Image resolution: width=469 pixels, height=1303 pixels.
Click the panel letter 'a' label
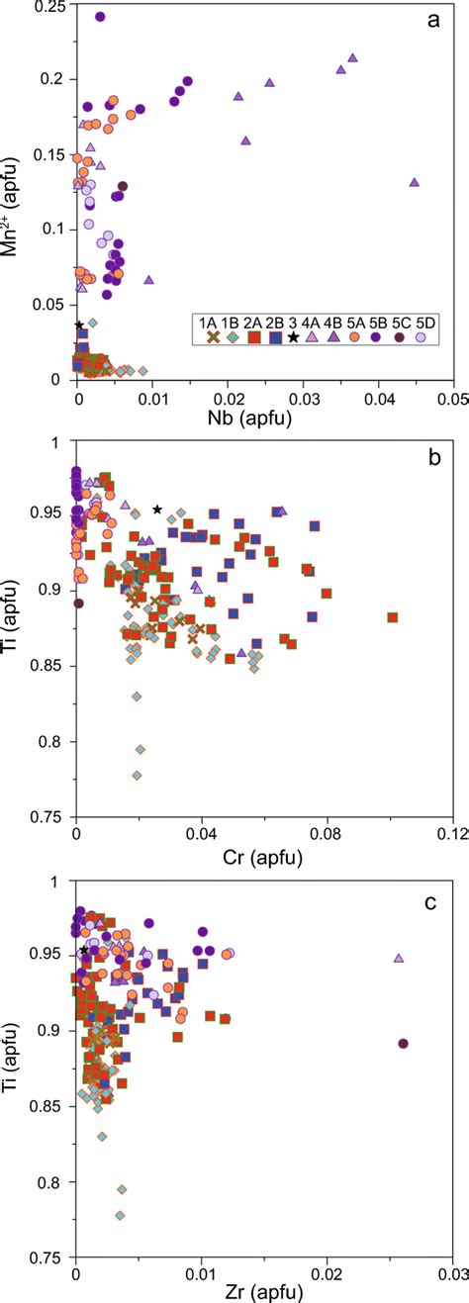(x=432, y=19)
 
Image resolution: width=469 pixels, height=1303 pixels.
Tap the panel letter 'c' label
(x=432, y=896)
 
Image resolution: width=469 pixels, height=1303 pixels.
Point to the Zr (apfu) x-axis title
(x=264, y=1289)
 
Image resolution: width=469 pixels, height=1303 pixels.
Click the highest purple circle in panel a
(x=100, y=17)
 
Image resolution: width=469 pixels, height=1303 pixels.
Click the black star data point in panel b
(x=157, y=510)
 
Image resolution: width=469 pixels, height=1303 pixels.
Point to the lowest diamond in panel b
(x=137, y=776)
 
